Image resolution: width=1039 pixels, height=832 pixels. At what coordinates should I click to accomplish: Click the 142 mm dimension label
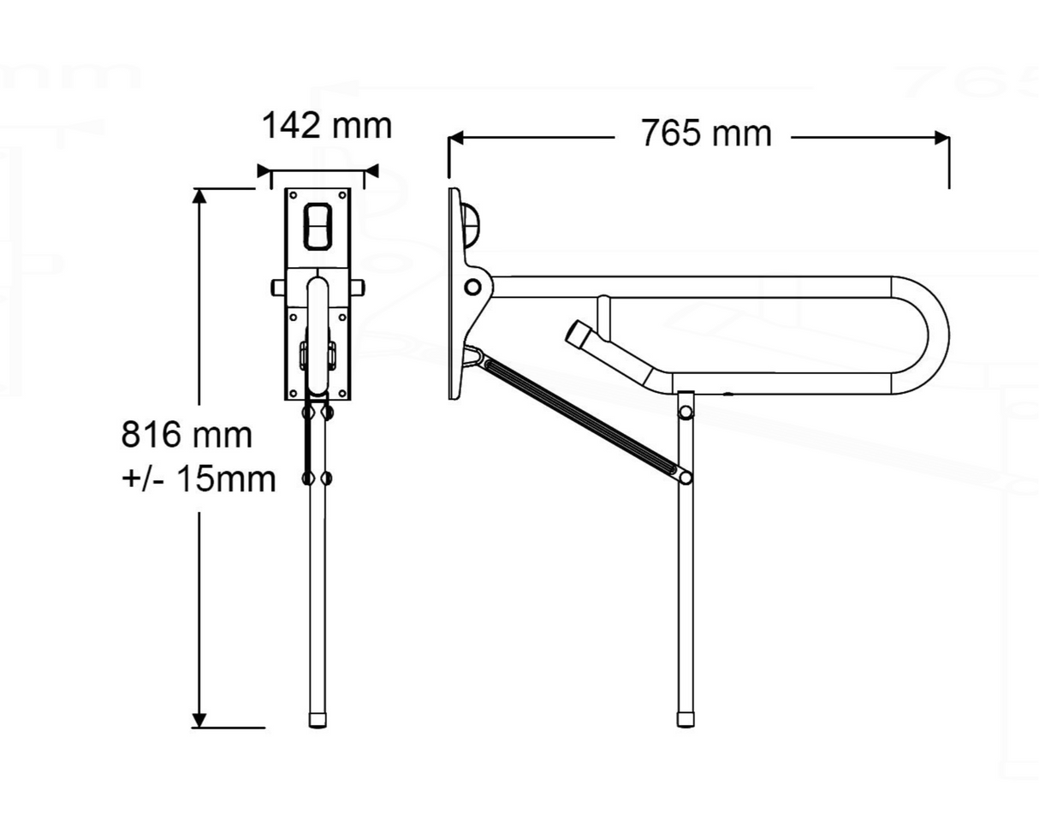(326, 126)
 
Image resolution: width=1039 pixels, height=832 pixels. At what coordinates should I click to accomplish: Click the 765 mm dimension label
(705, 134)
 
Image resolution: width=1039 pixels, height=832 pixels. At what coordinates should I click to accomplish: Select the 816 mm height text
(187, 435)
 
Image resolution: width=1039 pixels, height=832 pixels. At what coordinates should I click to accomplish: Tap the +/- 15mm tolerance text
(199, 479)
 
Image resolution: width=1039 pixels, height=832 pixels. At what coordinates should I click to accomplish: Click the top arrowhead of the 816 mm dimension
(199, 195)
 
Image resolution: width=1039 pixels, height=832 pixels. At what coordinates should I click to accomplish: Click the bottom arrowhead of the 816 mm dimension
(199, 720)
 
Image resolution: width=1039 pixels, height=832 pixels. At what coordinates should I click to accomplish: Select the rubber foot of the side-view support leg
(685, 718)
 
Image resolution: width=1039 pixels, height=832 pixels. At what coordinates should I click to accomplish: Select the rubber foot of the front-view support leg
(318, 718)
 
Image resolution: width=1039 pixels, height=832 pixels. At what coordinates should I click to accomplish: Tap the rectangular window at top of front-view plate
(318, 226)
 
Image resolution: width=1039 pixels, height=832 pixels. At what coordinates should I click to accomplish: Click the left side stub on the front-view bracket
(278, 288)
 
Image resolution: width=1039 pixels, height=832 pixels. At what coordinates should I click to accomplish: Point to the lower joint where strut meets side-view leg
(684, 475)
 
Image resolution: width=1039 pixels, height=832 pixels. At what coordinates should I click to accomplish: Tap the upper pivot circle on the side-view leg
(685, 413)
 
